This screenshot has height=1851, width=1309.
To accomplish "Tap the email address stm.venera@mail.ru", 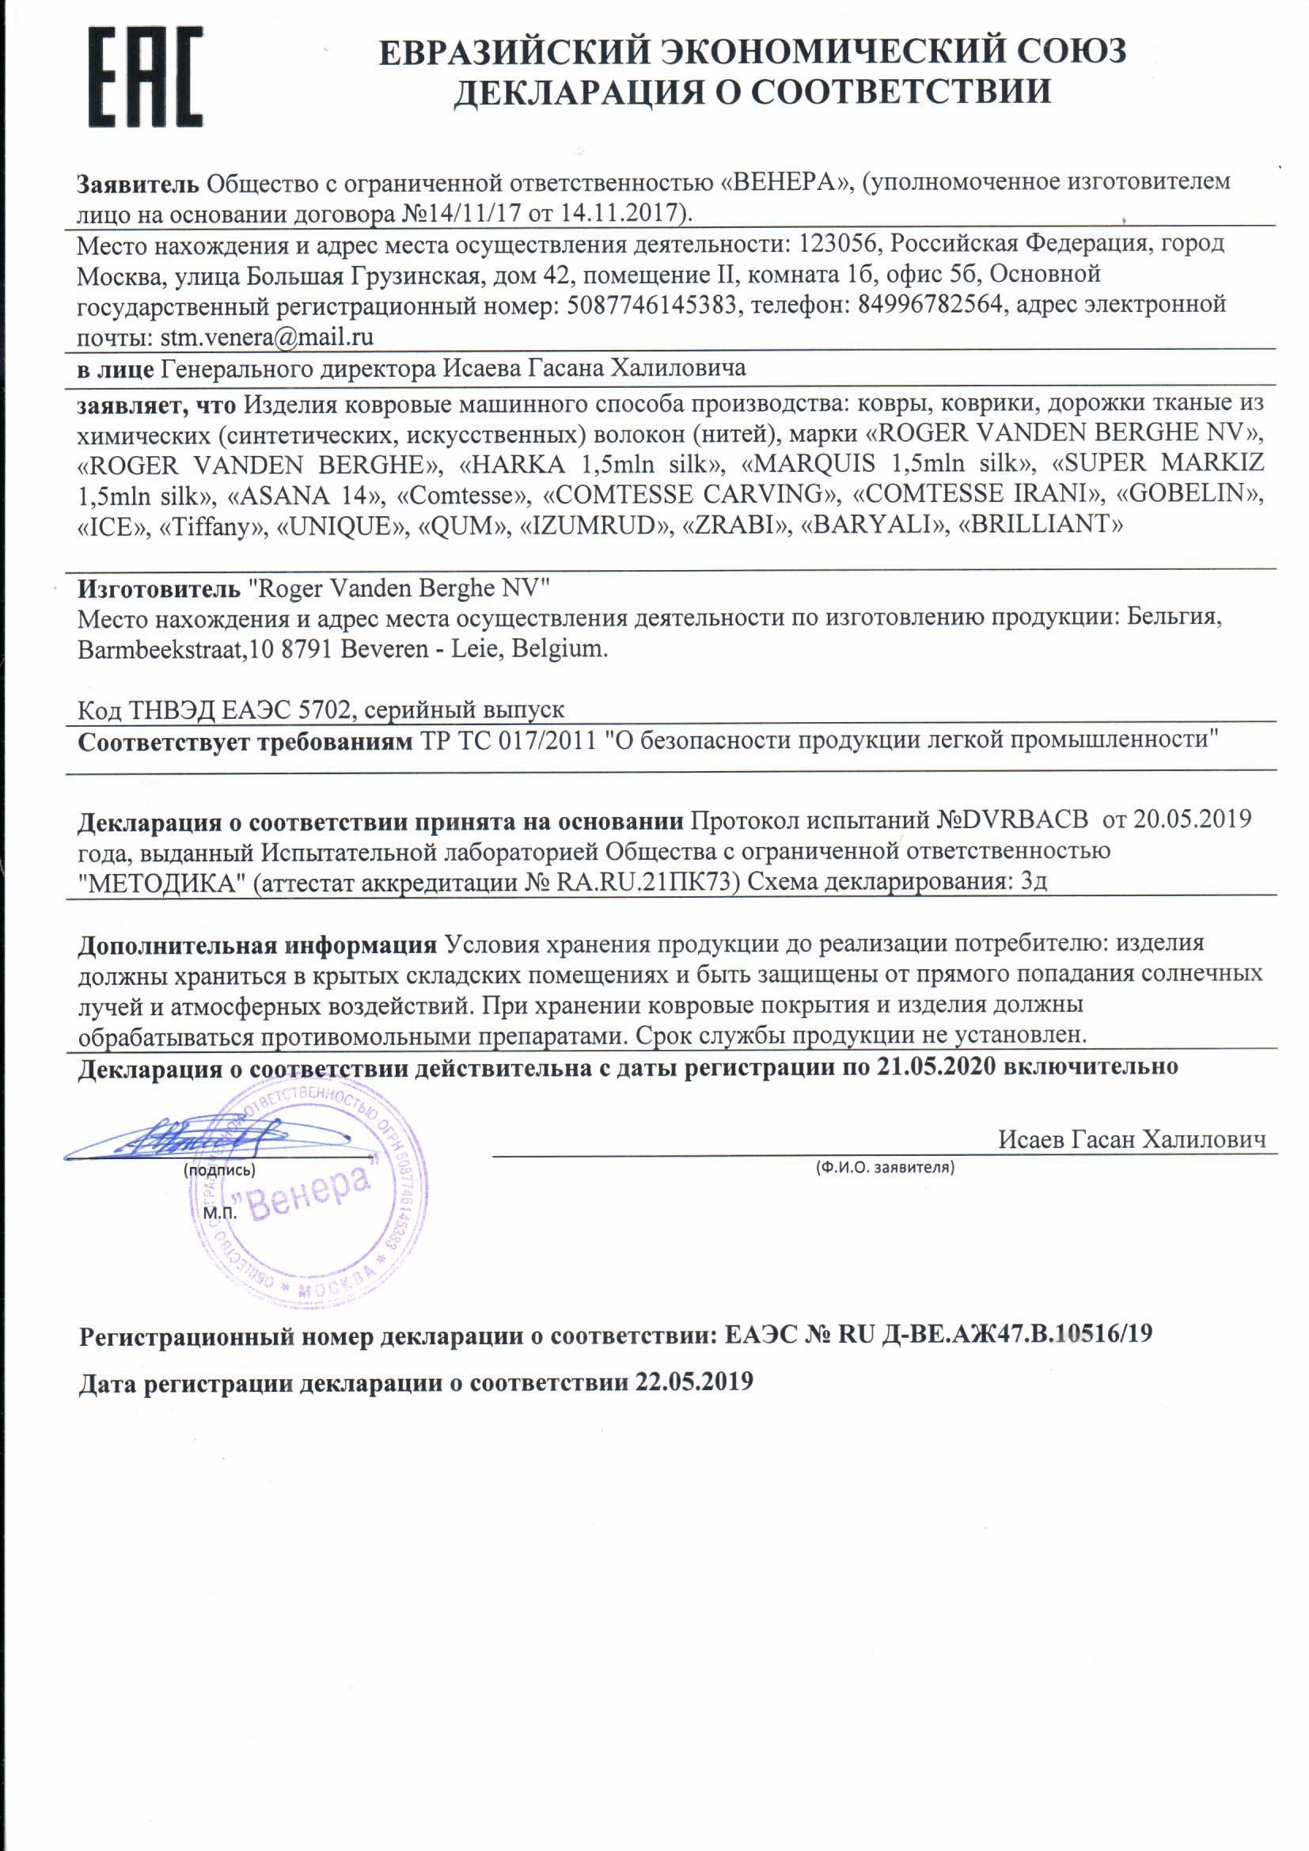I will tap(267, 336).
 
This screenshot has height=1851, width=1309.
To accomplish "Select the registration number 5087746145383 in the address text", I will tap(652, 305).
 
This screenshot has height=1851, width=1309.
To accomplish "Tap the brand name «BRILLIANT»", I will tap(1038, 525).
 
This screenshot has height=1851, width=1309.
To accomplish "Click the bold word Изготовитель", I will tap(159, 588).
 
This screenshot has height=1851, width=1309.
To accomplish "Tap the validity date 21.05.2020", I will tap(935, 1066).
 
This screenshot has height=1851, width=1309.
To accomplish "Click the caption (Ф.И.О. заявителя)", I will tap(884, 1166).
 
